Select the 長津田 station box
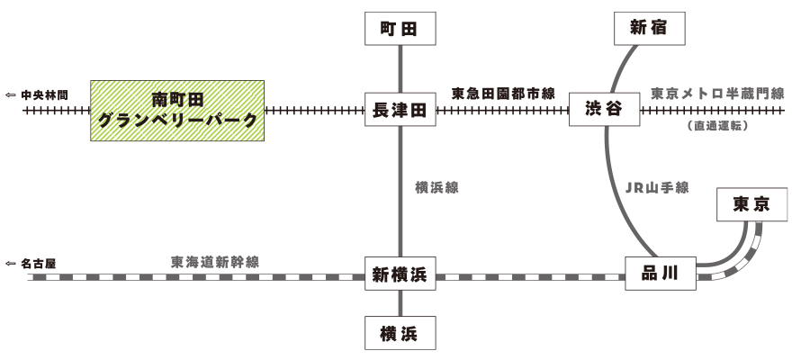pos(399,112)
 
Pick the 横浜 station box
pos(399,331)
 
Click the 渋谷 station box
pos(604,112)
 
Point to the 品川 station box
pos(661,271)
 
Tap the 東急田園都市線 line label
pos(503,93)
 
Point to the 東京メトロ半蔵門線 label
pos(717,93)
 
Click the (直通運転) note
pos(717,126)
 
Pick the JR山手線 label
pos(656,188)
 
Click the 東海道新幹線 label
pos(215,262)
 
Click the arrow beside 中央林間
pos(11,94)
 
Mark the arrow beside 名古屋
pos(11,264)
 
